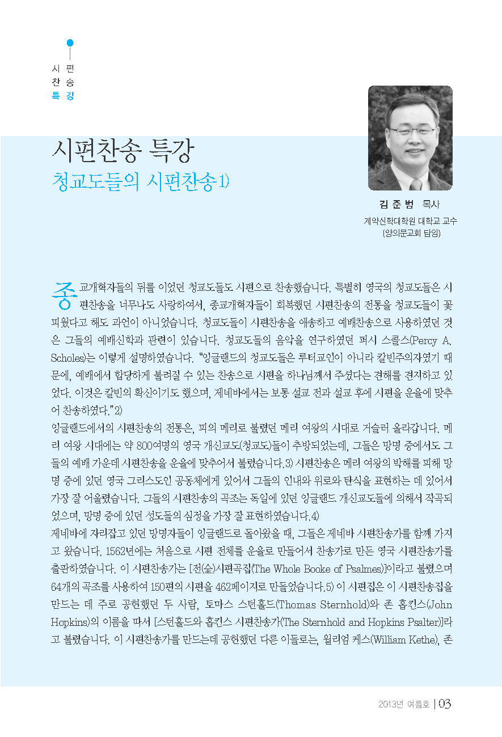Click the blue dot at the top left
(x=70, y=43)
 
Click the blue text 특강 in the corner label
(x=63, y=96)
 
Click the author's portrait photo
(x=410, y=137)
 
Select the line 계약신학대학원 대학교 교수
(x=410, y=221)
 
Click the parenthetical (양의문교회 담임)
(x=410, y=232)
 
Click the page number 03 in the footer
(x=444, y=704)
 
